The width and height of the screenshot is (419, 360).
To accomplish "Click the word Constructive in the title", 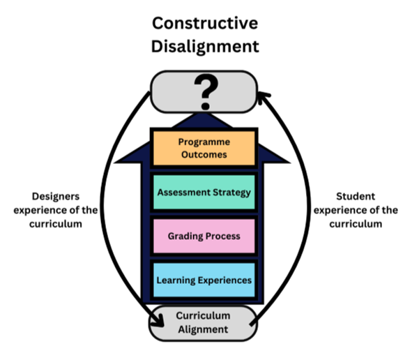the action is point(205,23).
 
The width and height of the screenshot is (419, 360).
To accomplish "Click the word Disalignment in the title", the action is point(205,46).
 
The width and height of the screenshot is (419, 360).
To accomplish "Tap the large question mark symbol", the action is point(206,91).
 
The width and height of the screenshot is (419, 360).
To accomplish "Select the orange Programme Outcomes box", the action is point(204,148).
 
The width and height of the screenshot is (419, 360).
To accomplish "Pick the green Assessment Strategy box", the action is point(204,192).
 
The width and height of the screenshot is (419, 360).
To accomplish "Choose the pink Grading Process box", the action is point(204,236).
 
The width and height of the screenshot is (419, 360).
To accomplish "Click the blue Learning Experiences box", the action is point(204,280).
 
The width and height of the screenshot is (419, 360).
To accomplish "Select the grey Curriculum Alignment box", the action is point(203,323).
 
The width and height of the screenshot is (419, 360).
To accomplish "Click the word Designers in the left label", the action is point(56,197).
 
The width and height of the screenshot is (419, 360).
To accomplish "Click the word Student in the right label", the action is point(356,196).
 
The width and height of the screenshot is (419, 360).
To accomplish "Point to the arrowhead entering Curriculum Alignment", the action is point(158,321).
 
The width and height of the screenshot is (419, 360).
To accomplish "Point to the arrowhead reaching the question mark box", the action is point(264,96).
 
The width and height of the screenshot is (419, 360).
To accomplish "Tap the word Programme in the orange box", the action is point(204,142).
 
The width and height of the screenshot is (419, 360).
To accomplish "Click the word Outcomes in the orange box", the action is point(204,155).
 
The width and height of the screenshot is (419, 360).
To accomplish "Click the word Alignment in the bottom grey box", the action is point(203,329).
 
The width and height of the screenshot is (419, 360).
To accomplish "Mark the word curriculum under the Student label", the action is point(356,224).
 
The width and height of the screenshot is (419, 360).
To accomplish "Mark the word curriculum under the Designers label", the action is point(56,224).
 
